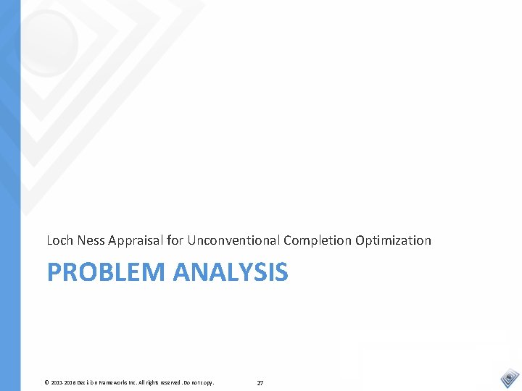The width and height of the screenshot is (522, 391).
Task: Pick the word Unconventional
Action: coord(234,240)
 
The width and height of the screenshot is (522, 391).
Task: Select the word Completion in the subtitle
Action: coord(318,240)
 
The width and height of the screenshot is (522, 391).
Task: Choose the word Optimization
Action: coord(393,240)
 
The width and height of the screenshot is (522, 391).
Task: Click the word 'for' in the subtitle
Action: coord(175,240)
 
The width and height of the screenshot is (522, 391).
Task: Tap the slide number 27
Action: coord(260,382)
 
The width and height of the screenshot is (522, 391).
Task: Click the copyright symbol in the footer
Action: coord(46,382)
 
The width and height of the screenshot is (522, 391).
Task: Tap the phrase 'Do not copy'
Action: coord(203,382)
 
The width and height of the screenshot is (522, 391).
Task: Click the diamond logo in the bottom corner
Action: coord(510,378)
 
